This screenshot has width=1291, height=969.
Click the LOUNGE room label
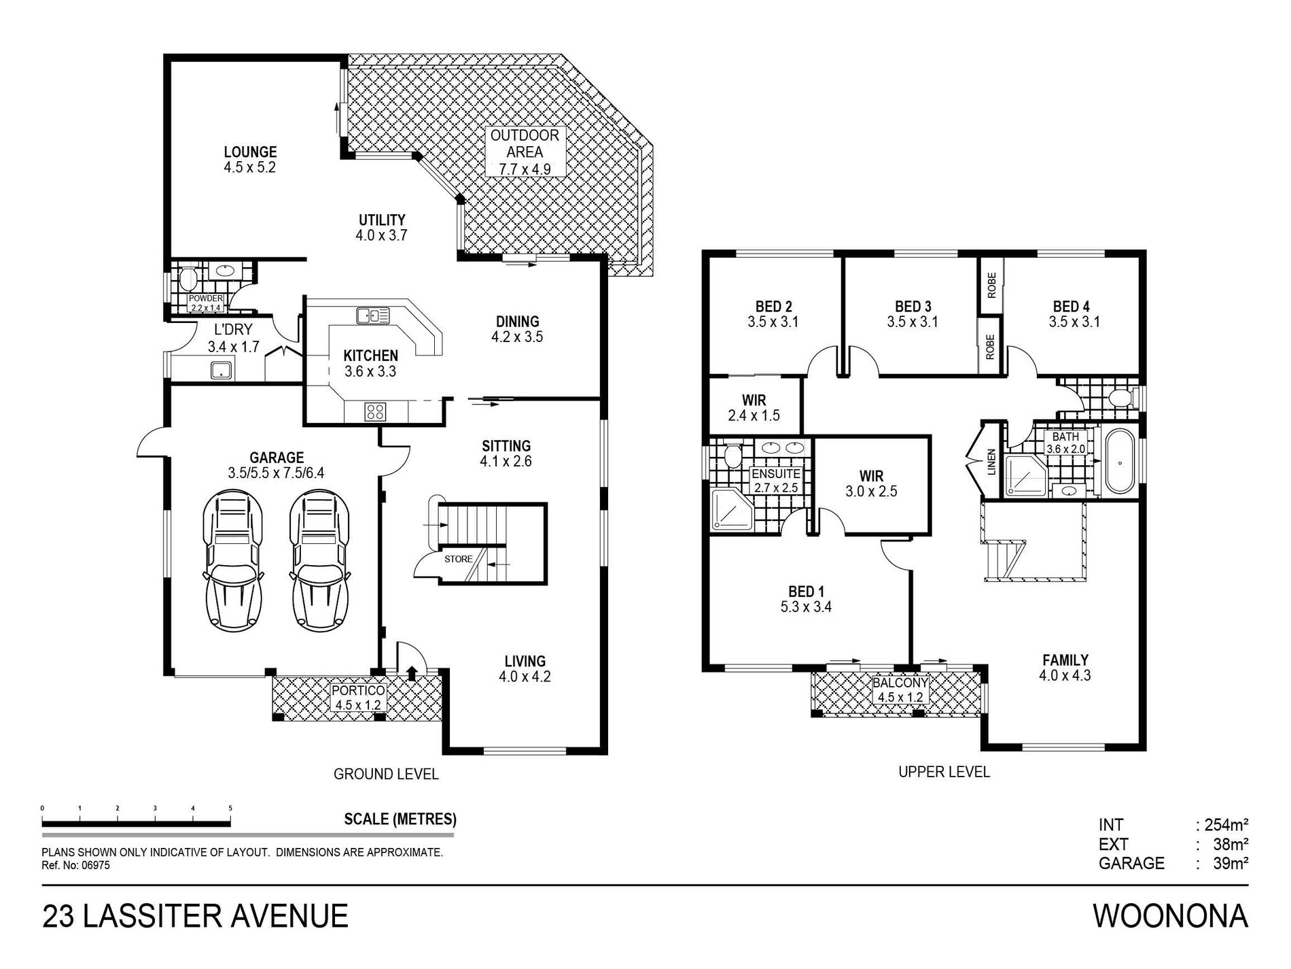click(250, 152)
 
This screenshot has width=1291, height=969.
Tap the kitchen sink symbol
click(372, 315)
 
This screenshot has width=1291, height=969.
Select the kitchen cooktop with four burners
click(375, 411)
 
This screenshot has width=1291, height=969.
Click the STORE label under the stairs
click(459, 559)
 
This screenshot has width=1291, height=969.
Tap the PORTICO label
click(358, 690)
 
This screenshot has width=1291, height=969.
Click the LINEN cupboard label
click(991, 462)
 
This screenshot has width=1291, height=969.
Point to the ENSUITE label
click(775, 473)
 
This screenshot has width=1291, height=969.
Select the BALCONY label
click(900, 683)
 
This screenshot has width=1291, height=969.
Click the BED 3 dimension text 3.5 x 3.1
click(913, 322)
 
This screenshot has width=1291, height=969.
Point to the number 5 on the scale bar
click(230, 808)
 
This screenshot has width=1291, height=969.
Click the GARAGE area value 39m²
click(1231, 864)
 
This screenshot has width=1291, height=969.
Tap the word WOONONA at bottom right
click(1170, 916)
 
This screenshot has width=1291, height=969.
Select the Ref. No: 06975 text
click(76, 866)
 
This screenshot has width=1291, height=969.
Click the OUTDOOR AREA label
click(525, 143)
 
